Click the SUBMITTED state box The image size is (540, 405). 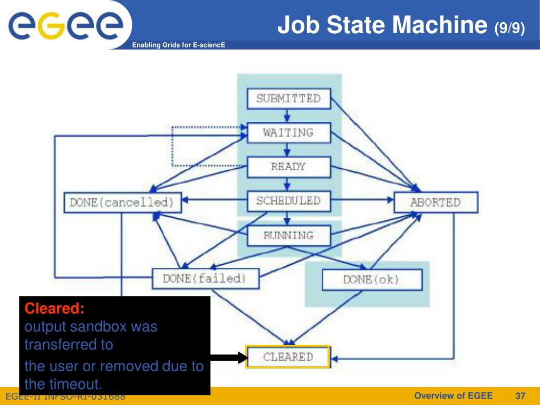pos(288,99)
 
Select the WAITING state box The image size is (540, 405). pos(288,132)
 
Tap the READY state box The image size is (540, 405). pos(288,167)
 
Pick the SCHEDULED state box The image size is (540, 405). pos(288,201)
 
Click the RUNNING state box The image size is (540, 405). pos(288,236)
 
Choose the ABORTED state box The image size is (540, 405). pos(436,202)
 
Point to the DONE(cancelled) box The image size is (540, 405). pos(122,202)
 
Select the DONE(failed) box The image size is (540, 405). pos(206,278)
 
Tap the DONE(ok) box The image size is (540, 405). pos(372,279)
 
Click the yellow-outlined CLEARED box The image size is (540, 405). pos(288,357)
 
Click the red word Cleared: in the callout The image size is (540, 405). pos(54,308)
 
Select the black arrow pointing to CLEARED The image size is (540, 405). pos(229,358)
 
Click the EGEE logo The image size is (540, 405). pos(65,25)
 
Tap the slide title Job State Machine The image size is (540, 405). pos(382,25)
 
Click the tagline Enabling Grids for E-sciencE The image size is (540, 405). pos(178,45)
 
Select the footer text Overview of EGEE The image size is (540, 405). pos(453,396)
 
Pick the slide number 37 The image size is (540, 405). pos(520,396)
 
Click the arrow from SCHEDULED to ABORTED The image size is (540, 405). pos(362,200)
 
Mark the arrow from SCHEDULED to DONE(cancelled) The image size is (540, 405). pos(214,200)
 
